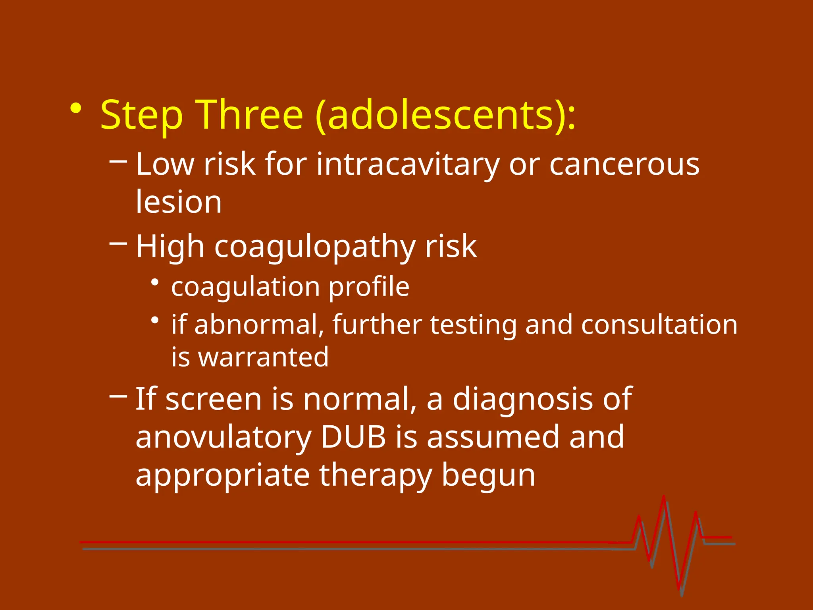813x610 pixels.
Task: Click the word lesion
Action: [179, 202]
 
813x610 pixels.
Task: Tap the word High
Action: [170, 246]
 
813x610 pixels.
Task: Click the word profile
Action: [369, 287]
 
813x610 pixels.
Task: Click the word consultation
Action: [659, 325]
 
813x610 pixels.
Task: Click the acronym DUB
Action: [353, 437]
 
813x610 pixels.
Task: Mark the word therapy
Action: [375, 476]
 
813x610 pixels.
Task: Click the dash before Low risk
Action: [118, 161]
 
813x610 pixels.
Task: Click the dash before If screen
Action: [118, 396]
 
